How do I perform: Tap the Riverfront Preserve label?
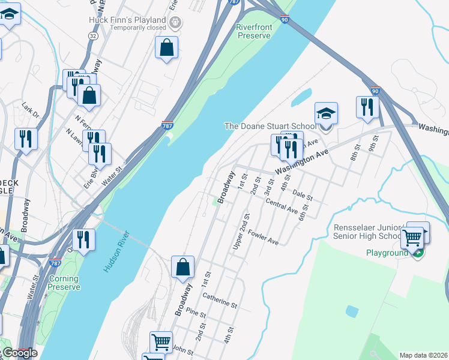(254, 31)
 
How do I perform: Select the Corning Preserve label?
(64, 283)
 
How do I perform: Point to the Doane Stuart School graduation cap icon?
(326, 114)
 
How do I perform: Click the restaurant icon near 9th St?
(366, 108)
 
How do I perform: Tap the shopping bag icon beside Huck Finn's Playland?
(166, 48)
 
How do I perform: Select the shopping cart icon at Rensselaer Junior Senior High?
(412, 238)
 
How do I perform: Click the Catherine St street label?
(220, 299)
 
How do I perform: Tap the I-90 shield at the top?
(284, 20)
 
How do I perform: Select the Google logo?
(19, 353)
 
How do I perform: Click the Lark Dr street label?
(30, 110)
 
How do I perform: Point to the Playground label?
(387, 253)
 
